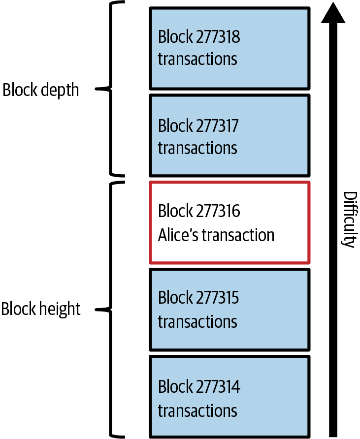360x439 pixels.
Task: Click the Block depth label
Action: (40, 90)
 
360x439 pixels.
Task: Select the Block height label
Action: (41, 309)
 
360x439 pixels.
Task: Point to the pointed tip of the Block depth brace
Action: (97, 89)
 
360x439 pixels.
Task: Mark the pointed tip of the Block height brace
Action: (97, 310)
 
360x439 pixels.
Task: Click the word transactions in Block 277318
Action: (197, 59)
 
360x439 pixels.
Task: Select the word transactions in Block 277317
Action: (197, 148)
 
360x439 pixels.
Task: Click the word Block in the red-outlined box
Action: (175, 211)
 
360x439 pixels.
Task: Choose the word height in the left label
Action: (60, 310)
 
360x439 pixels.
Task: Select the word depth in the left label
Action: (60, 91)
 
